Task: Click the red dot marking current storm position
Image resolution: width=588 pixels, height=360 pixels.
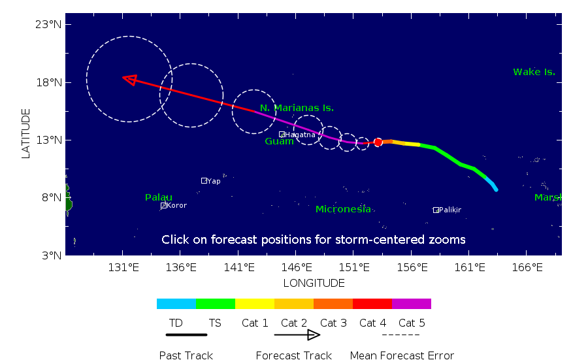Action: point(378,142)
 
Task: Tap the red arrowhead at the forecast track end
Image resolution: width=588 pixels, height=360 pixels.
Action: point(129,80)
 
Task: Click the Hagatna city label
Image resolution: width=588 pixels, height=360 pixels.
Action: point(300,135)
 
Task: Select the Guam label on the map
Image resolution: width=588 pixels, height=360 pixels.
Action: point(279,141)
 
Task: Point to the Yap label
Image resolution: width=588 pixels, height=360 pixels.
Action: point(214,181)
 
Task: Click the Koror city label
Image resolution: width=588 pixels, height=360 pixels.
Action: point(176,205)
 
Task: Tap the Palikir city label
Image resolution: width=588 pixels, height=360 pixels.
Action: point(450,210)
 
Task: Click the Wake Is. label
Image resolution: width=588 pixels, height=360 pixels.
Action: point(534,72)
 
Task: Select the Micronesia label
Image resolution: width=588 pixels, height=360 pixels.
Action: point(343,209)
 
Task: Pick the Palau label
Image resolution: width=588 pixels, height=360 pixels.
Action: point(159,197)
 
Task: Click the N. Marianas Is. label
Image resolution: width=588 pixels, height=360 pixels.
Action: point(297,108)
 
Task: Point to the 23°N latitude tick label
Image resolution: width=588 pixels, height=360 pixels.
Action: point(48,24)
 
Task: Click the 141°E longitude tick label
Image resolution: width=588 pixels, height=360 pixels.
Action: point(239,267)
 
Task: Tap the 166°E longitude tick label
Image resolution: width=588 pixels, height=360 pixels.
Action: point(527,267)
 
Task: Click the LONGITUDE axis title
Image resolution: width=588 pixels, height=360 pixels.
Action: point(314,283)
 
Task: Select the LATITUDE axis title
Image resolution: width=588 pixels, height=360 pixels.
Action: point(25,134)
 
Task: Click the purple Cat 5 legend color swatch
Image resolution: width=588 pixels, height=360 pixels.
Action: point(412,304)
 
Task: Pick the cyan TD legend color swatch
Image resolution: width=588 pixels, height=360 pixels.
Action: point(176,304)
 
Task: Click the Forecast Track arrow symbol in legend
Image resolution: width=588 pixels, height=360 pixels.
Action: point(297,335)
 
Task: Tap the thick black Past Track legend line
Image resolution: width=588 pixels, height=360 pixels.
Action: point(186,335)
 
